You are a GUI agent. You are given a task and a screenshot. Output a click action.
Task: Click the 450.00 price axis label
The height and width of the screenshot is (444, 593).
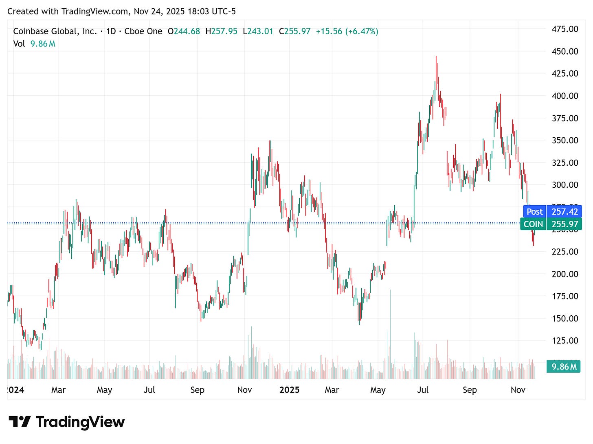564,51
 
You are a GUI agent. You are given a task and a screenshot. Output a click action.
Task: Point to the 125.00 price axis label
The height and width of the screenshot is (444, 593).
564,341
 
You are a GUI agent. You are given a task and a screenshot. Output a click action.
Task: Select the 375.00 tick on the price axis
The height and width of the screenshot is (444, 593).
564,118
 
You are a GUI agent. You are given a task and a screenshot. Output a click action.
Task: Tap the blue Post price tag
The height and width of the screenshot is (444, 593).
534,211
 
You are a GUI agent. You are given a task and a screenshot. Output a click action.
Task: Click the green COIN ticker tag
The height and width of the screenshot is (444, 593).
533,224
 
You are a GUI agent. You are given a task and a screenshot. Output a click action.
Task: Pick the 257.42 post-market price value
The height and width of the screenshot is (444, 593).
564,211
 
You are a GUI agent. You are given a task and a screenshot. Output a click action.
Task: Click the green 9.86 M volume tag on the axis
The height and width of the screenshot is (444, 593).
564,367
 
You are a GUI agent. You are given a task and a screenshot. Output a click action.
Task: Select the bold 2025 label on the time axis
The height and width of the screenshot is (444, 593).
289,390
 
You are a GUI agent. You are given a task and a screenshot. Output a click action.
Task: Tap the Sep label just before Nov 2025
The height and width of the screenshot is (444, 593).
470,390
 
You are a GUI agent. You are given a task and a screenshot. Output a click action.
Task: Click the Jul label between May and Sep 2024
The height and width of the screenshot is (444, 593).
149,390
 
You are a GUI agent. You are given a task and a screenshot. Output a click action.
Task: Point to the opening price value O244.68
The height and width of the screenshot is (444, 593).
184,31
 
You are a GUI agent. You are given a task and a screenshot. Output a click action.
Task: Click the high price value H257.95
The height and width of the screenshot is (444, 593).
221,31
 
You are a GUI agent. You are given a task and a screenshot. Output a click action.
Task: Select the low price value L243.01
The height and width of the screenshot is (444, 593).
258,31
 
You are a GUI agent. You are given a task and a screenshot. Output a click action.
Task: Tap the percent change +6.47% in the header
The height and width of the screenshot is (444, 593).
362,31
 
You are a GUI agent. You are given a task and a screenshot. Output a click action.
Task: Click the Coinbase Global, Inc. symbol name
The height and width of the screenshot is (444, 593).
55,31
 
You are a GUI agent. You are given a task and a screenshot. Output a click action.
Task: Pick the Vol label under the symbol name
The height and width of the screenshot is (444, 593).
19,44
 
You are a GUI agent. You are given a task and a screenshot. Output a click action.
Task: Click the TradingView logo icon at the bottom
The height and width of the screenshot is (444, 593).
20,422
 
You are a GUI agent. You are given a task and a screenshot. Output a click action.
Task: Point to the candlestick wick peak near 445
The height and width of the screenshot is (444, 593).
436,57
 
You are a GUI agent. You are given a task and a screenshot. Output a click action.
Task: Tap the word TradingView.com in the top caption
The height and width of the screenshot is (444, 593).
95,11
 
